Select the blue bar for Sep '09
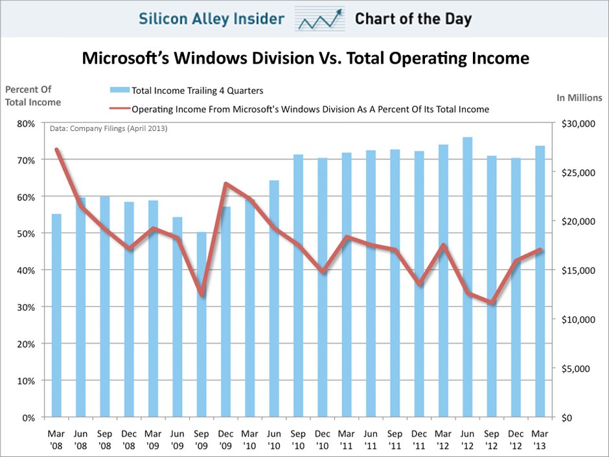pyautogui.click(x=201, y=324)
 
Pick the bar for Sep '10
pyautogui.click(x=298, y=285)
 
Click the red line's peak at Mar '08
pyautogui.click(x=56, y=150)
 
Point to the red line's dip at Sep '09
pyautogui.click(x=201, y=295)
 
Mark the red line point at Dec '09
pyautogui.click(x=226, y=183)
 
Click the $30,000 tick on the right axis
pyautogui.click(x=572, y=123)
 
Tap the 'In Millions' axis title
pyautogui.click(x=579, y=98)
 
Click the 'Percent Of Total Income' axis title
pyautogui.click(x=32, y=95)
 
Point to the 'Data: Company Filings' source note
pyautogui.click(x=109, y=129)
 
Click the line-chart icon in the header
pyautogui.click(x=319, y=19)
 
